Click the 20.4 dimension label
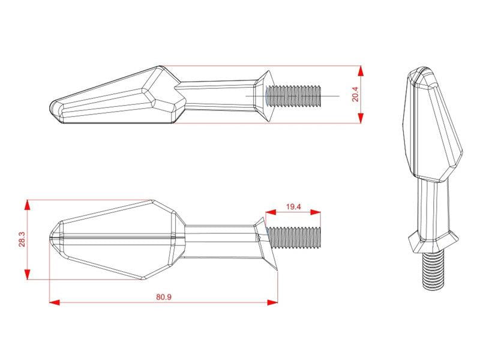coord(356,94)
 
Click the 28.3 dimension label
coord(22,239)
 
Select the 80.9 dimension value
coord(164,297)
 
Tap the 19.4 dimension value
coord(293,207)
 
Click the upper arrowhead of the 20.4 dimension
coord(361,71)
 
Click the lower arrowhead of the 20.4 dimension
coord(361,118)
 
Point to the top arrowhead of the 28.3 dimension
coord(28,205)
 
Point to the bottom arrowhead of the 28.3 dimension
coord(28,274)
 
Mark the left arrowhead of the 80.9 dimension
coord(55,302)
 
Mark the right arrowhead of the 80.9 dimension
coord(272,302)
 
